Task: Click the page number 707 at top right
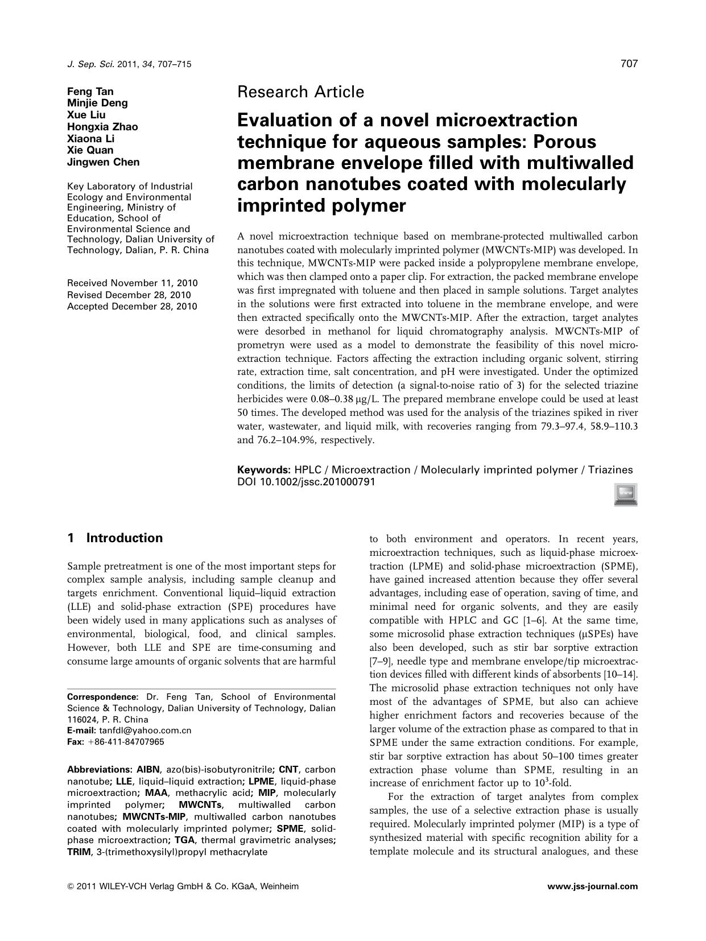pos(629,64)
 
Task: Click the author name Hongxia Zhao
pos(102,127)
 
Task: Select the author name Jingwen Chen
pos(103,162)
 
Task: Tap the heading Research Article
pos(300,92)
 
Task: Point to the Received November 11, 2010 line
pos(133,283)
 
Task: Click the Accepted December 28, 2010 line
pos(132,307)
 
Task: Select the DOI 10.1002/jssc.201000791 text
pos(306,482)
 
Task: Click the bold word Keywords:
pos(264,470)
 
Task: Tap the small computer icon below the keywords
pos(626,494)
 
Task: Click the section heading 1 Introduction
pos(115,538)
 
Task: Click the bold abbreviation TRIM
pos(80,852)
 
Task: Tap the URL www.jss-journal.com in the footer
pos(592,886)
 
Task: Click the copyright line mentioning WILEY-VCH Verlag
pos(183,886)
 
